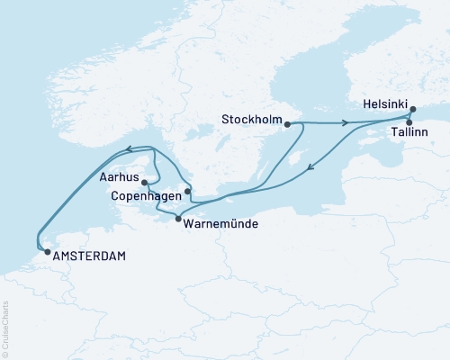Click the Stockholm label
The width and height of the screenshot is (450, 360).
248,117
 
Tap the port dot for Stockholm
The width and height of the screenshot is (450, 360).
287,125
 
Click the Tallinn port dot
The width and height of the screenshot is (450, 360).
409,122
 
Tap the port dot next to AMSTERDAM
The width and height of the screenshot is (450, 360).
47,253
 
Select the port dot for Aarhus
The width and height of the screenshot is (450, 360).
145,182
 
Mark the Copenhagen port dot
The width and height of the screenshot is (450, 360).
187,191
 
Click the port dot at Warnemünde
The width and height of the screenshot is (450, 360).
178,220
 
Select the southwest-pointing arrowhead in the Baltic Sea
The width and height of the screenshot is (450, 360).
310,166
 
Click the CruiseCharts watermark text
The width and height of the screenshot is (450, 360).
5,328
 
